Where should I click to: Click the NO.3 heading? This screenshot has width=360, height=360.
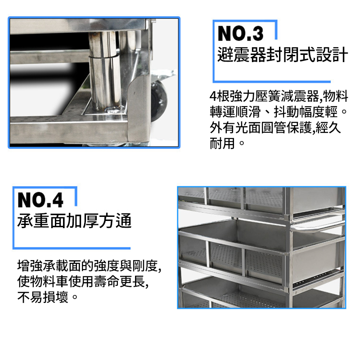coord(240,33)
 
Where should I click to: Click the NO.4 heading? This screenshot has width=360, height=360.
coord(40,200)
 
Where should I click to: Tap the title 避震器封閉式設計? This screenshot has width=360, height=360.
coord(283,54)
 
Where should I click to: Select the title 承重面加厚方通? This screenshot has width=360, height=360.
coord(74,220)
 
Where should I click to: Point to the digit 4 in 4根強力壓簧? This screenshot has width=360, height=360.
coord(213,96)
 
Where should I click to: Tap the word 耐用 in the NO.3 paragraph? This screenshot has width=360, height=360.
coord(222,143)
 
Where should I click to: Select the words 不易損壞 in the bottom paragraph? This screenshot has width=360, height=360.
coord(43,297)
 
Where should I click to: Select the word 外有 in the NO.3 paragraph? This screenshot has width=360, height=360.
coord(222,128)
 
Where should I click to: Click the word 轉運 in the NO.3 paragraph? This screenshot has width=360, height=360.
coord(222,112)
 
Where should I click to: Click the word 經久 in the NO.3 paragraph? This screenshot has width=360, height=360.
coord(328,128)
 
